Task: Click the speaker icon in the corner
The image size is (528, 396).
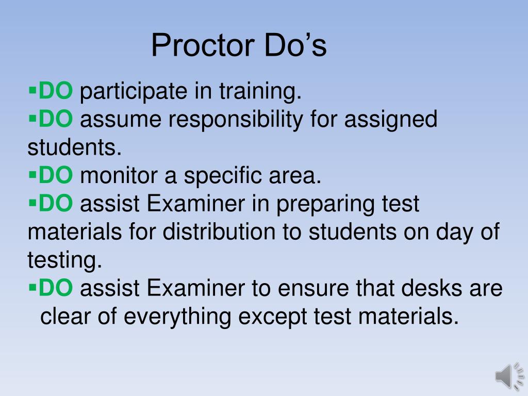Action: [x=509, y=376]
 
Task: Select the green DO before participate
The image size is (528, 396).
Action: [x=56, y=92]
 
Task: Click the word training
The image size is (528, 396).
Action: [x=260, y=92]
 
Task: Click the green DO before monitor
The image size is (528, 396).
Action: [x=56, y=176]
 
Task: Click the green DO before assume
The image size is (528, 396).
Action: [x=56, y=120]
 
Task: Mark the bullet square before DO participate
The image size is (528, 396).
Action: [x=32, y=91]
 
